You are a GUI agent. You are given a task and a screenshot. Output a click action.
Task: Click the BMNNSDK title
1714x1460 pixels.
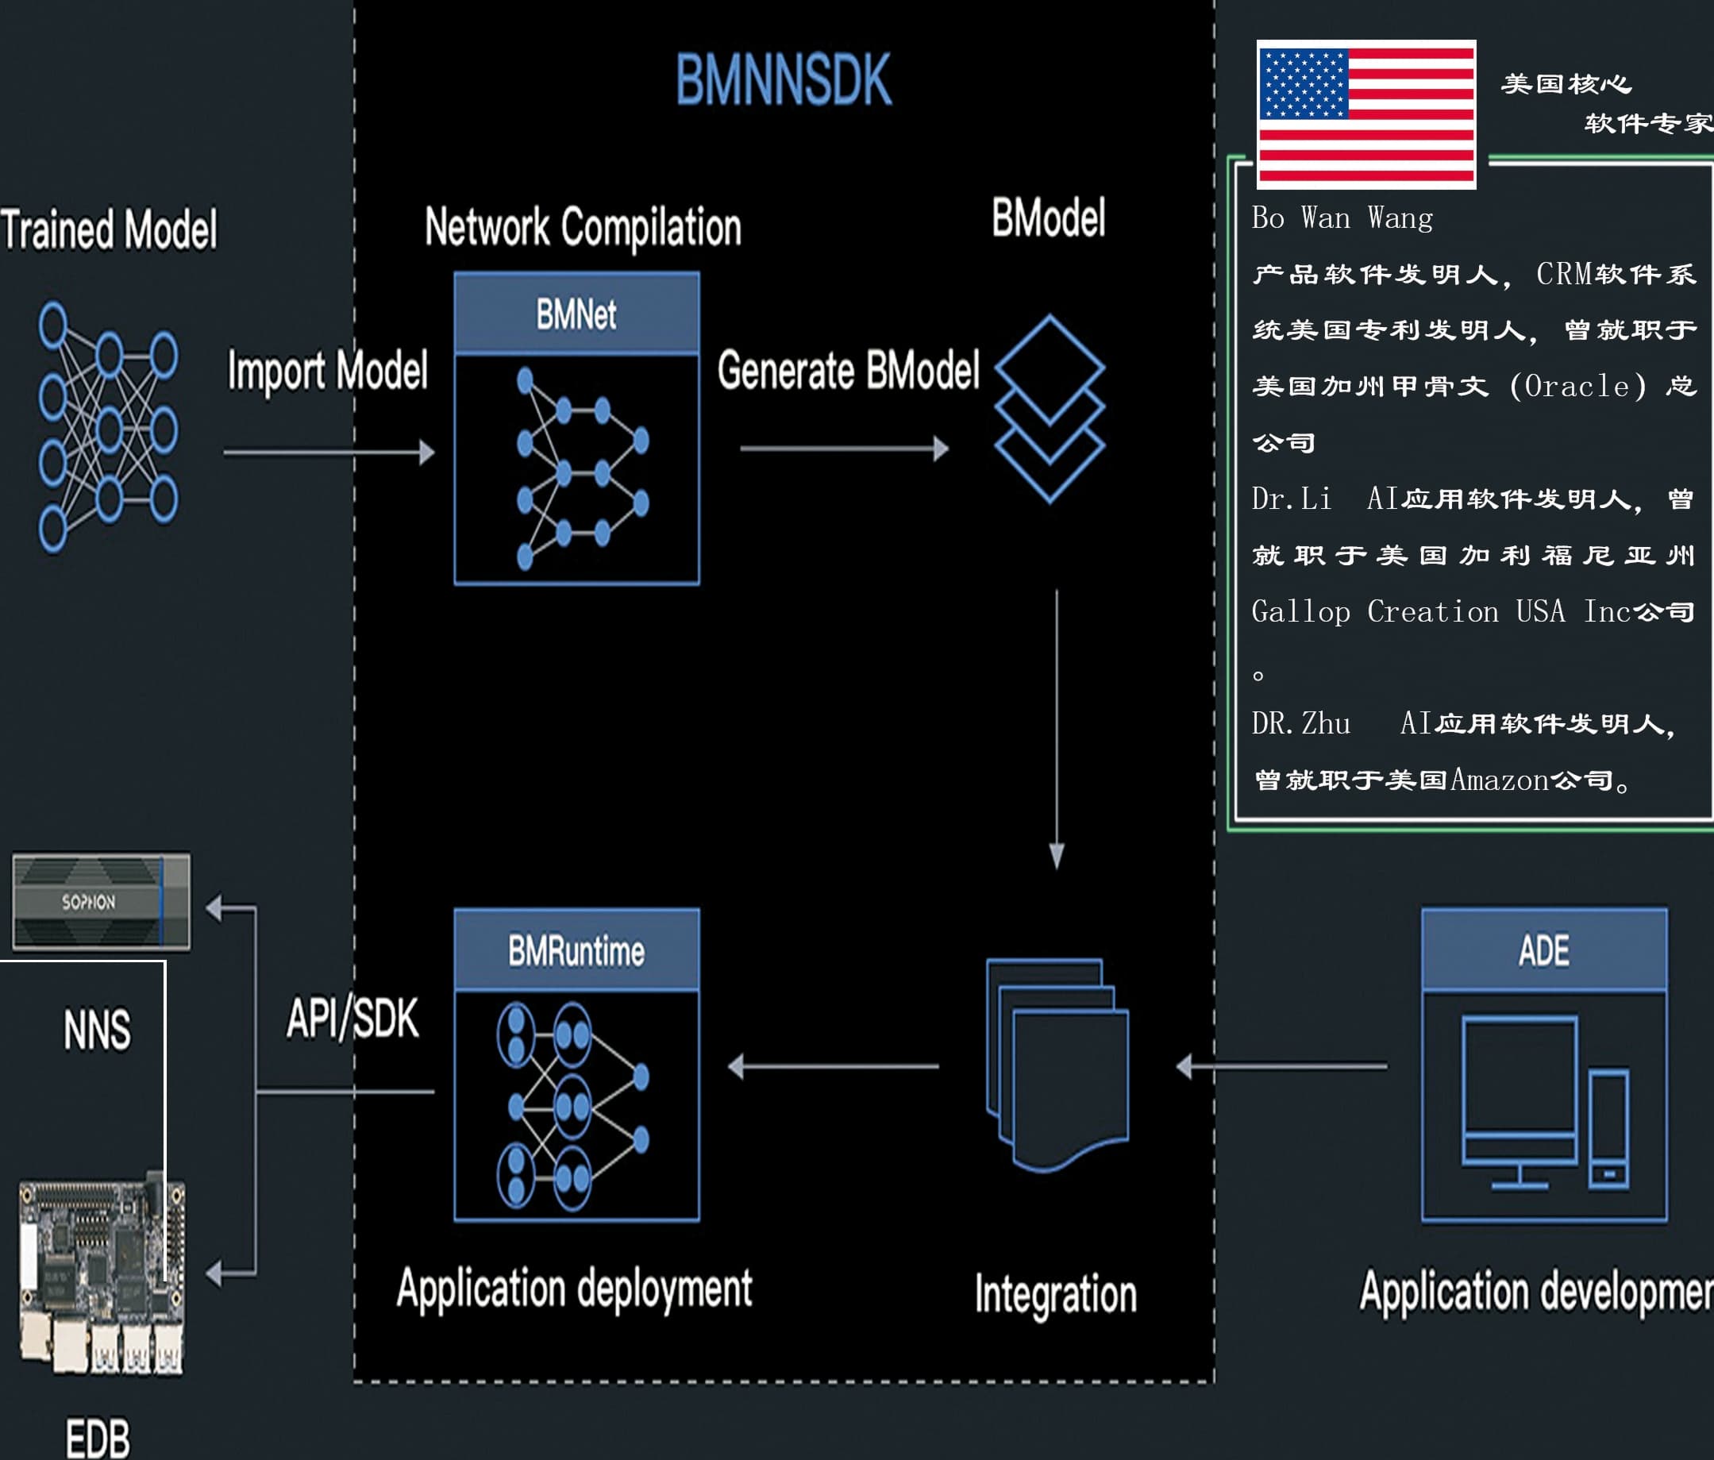click(x=784, y=79)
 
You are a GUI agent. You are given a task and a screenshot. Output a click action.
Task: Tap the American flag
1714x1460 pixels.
click(x=1365, y=114)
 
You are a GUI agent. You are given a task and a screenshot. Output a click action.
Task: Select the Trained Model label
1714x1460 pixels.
click(x=109, y=229)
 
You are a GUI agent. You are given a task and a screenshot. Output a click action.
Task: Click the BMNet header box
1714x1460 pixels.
click(x=576, y=314)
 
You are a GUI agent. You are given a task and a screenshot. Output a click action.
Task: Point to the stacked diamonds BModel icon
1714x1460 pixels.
click(x=1049, y=409)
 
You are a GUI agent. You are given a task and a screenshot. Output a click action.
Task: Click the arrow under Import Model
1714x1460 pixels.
click(x=329, y=453)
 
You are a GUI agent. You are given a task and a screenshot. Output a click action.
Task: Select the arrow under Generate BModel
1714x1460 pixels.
click(x=844, y=449)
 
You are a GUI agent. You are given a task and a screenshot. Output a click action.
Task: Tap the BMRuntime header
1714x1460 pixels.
click(x=576, y=950)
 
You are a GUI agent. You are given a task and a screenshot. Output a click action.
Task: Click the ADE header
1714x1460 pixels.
click(x=1543, y=950)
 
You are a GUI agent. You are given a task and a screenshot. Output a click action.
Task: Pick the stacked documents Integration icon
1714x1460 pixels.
click(x=1057, y=1065)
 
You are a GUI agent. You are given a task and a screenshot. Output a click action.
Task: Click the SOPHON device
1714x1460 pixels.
click(x=101, y=902)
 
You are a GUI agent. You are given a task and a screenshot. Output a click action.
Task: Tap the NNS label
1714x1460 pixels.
click(x=97, y=1030)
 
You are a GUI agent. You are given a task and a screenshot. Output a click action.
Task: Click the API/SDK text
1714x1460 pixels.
click(x=352, y=1018)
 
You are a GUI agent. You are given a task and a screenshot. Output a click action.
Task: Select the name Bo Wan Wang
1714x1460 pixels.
click(x=1342, y=218)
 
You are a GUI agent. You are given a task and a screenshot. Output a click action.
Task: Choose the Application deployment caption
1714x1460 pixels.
click(x=574, y=1289)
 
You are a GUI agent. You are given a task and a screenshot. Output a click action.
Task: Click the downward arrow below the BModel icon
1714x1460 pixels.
click(x=1057, y=729)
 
